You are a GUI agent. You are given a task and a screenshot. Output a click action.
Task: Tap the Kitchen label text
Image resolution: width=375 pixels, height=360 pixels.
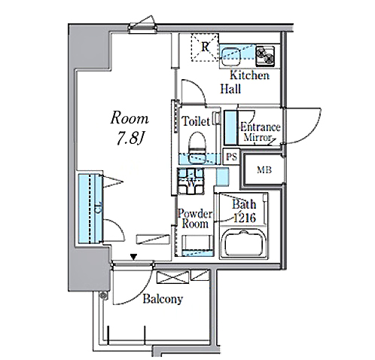pyautogui.click(x=249, y=75)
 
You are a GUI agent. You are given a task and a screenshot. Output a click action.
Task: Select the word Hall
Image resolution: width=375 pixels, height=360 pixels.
pyautogui.click(x=230, y=89)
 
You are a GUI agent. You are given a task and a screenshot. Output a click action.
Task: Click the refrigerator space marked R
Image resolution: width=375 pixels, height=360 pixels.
pyautogui.click(x=205, y=47)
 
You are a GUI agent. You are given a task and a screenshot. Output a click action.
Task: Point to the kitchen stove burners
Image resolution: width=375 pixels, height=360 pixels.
pyautogui.click(x=265, y=56)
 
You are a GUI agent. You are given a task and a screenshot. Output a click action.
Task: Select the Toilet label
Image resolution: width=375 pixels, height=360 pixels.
pyautogui.click(x=196, y=121)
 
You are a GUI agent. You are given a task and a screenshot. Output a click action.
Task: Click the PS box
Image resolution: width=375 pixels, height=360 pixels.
pyautogui.click(x=231, y=157)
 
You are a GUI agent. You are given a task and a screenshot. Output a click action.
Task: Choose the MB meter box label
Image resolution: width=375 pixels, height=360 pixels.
pyautogui.click(x=264, y=170)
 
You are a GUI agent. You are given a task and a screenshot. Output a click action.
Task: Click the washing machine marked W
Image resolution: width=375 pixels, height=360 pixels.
pyautogui.click(x=191, y=182)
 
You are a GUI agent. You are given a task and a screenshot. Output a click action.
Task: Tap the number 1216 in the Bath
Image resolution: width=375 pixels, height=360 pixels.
pyautogui.click(x=245, y=218)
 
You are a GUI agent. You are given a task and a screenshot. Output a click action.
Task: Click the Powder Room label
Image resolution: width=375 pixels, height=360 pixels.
pyautogui.click(x=195, y=218)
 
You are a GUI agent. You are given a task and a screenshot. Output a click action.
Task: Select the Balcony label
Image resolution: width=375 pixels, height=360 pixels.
pyautogui.click(x=163, y=299)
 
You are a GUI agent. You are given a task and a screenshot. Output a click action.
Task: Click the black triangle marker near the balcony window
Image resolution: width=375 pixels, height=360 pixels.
pyautogui.click(x=134, y=257)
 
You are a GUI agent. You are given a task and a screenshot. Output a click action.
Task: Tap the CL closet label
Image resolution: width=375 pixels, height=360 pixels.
pyautogui.click(x=97, y=207)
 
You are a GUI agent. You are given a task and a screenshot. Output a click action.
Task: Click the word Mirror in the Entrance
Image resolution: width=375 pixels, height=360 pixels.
pyautogui.click(x=258, y=137)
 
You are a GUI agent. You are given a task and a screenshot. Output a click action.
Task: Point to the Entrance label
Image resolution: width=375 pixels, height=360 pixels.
pyautogui.click(x=261, y=127)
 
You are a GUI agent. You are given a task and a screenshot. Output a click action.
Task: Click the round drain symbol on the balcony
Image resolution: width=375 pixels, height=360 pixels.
pyautogui.click(x=103, y=295)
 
